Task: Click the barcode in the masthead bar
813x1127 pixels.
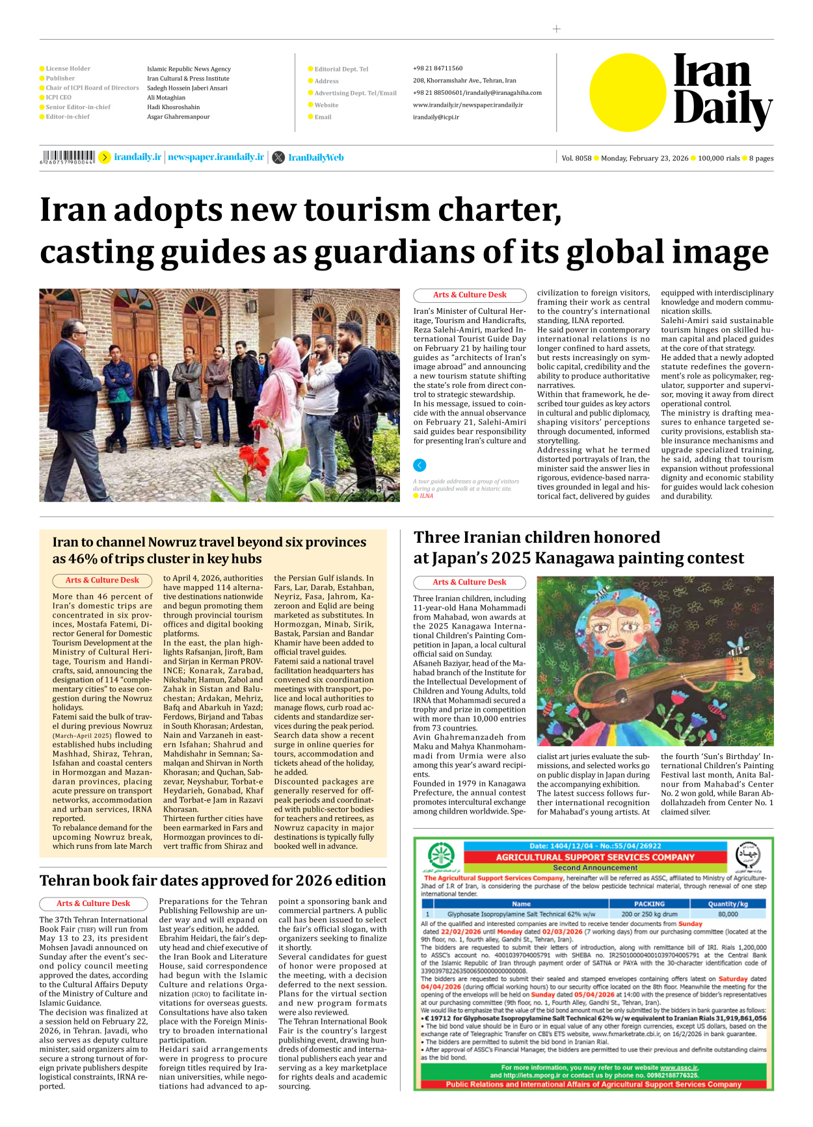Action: (67, 157)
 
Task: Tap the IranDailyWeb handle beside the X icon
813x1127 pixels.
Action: (315, 157)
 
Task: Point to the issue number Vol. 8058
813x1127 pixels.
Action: (576, 158)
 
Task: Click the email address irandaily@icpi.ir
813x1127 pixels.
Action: (436, 117)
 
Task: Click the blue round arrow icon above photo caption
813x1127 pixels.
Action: (420, 465)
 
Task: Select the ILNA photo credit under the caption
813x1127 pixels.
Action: (426, 496)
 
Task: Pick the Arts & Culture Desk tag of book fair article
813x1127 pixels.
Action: (93, 903)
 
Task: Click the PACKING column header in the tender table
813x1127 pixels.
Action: (649, 903)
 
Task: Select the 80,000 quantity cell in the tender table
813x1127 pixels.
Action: (727, 914)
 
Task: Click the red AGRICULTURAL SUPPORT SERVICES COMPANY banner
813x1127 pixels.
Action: (594, 857)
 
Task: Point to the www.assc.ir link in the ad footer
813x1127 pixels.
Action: (678, 1067)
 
